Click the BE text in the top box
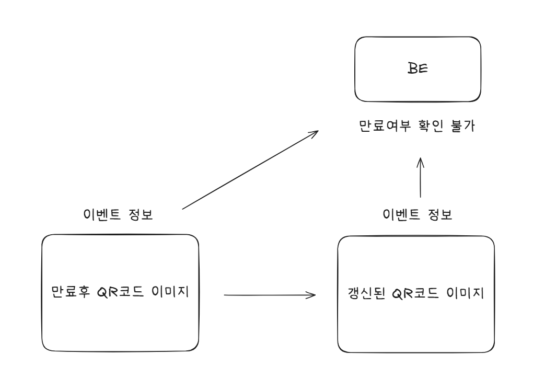pos(418,69)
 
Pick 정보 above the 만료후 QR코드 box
pos(141,214)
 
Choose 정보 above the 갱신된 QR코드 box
pos(440,214)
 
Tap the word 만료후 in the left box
pos(71,292)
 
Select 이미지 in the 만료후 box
pos(170,292)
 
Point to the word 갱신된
pos(367,293)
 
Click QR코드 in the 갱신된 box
pos(415,293)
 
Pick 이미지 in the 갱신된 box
pos(465,293)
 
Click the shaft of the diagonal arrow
pos(250,170)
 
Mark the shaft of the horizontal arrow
pos(270,295)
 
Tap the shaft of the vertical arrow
pos(421,177)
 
